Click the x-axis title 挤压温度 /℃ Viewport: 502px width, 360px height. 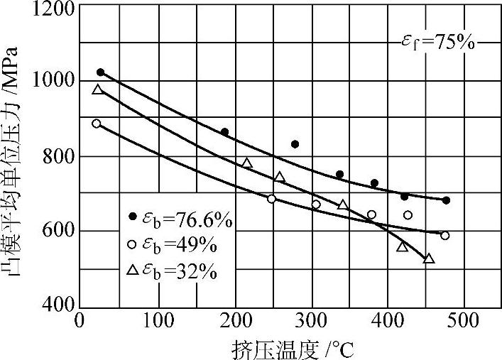(291, 348)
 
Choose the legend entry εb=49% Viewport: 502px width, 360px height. (174, 246)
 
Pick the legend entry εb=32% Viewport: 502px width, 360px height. (174, 271)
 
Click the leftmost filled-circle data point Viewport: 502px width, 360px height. (100, 72)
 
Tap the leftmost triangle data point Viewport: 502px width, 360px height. (98, 89)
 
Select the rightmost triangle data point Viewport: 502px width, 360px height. (429, 258)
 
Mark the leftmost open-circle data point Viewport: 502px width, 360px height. (97, 123)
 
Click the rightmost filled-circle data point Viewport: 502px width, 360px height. (446, 200)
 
